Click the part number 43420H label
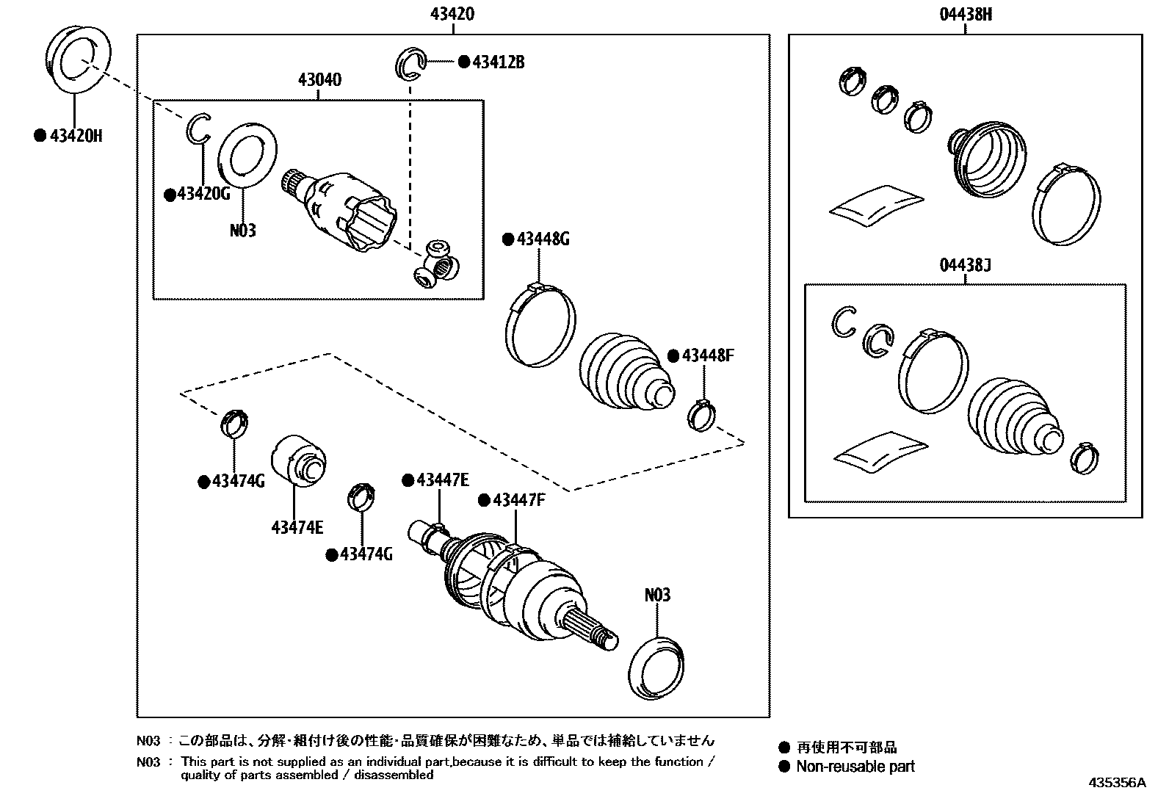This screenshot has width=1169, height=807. [x=75, y=136]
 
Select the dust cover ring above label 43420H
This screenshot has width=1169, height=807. [x=78, y=59]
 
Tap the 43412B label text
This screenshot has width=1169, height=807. [x=498, y=62]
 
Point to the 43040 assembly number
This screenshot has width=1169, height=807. [x=319, y=79]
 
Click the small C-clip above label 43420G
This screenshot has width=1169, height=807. [x=198, y=130]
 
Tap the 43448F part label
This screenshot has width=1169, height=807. [x=707, y=355]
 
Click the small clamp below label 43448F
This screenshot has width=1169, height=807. [x=701, y=415]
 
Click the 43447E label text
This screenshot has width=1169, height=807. [x=442, y=480]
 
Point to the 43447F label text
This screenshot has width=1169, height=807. [x=518, y=500]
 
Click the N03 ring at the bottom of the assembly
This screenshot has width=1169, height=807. [x=657, y=666]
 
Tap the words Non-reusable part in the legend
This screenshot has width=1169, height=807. [x=855, y=767]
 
